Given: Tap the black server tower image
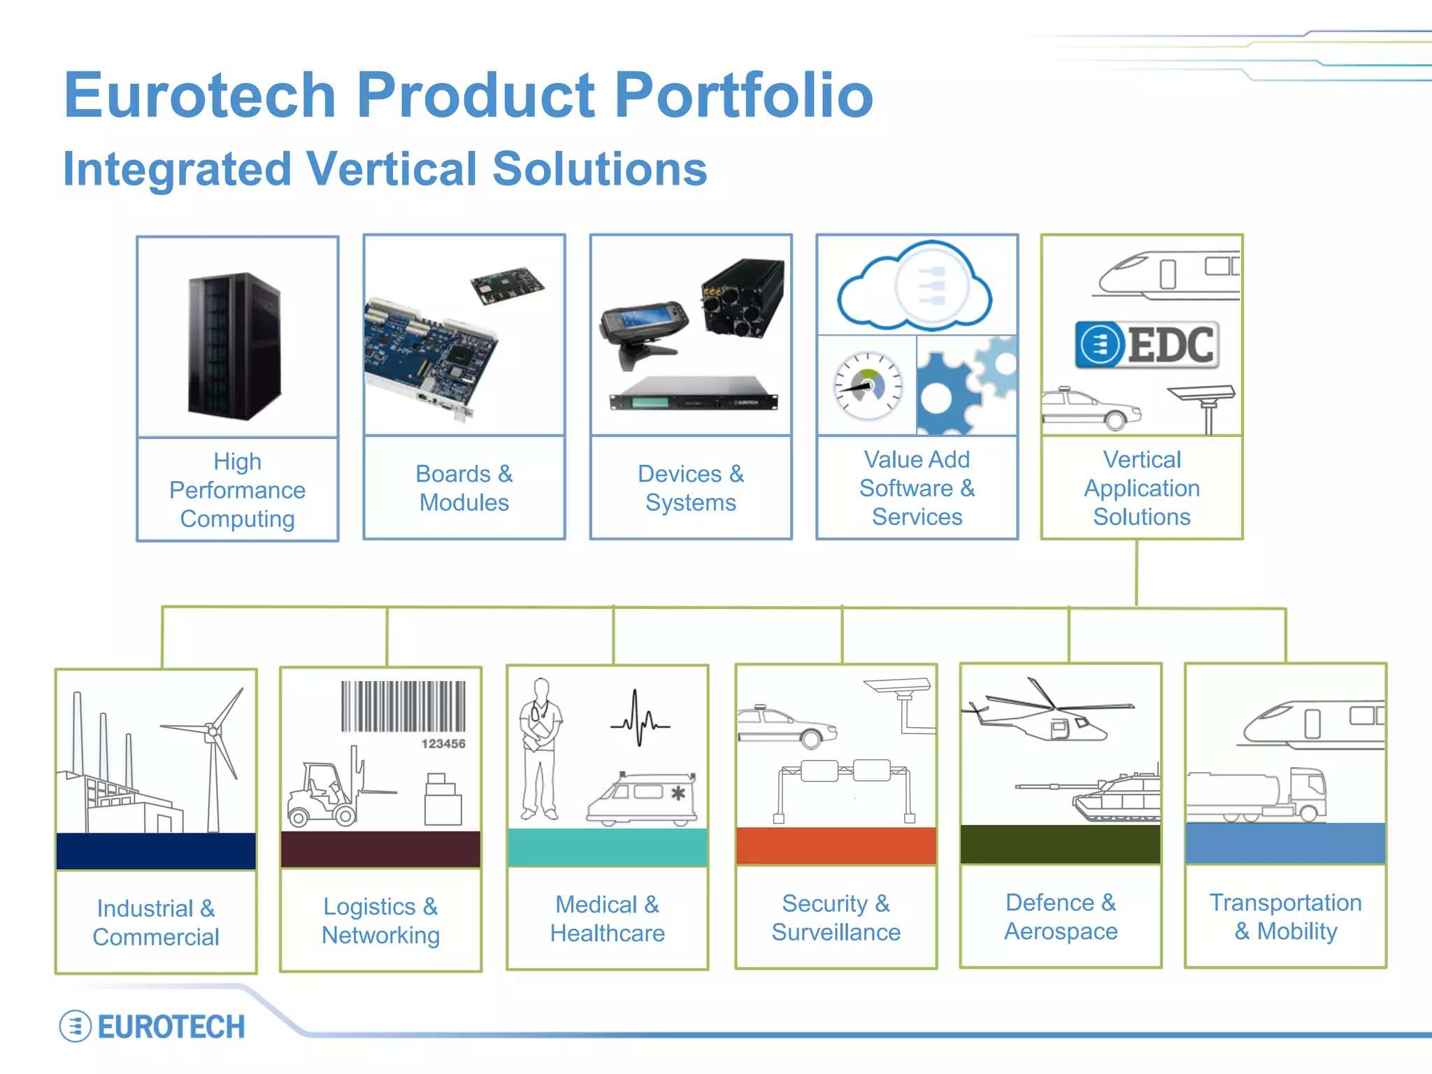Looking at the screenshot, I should point(235,345).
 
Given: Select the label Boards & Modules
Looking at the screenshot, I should point(464,488).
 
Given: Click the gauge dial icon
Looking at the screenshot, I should point(868,386).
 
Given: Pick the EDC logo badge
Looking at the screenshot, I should point(1147,345).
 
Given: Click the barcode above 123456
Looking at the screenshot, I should point(403,706).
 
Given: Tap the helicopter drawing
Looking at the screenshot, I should point(1049,713).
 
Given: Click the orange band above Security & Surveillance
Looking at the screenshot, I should point(836,845).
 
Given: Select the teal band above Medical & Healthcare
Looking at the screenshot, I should point(608,847).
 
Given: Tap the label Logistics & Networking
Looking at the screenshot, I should point(380,921).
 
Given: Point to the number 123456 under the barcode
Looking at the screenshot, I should point(443,744).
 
